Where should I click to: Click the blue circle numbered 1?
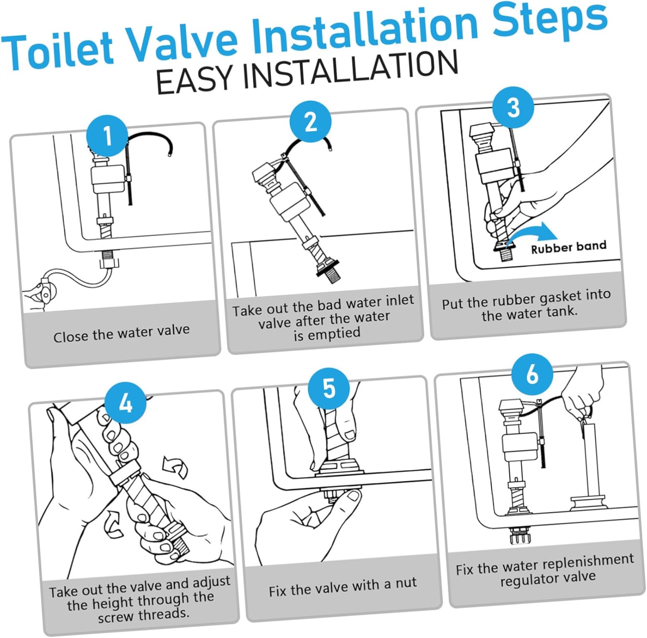(x=107, y=136)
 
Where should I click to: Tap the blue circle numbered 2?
(x=311, y=122)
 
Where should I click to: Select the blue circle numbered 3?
(x=513, y=107)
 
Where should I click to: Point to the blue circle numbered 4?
(x=126, y=403)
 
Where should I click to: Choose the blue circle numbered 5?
(x=329, y=388)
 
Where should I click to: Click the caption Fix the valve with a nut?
(x=342, y=587)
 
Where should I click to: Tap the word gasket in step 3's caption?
(x=547, y=298)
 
